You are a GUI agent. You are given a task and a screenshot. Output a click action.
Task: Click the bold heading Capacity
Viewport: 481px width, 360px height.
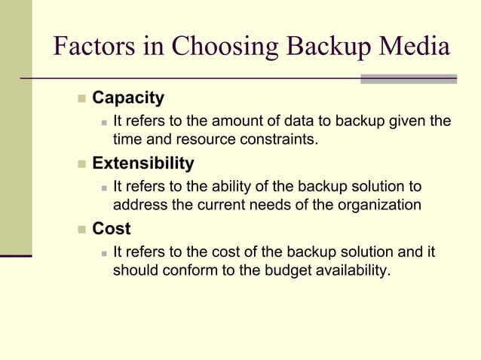127,98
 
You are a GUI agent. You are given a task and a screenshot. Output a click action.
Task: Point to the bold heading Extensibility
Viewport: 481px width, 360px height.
142,163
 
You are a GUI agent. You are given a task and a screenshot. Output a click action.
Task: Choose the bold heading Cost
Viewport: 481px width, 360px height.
111,228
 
